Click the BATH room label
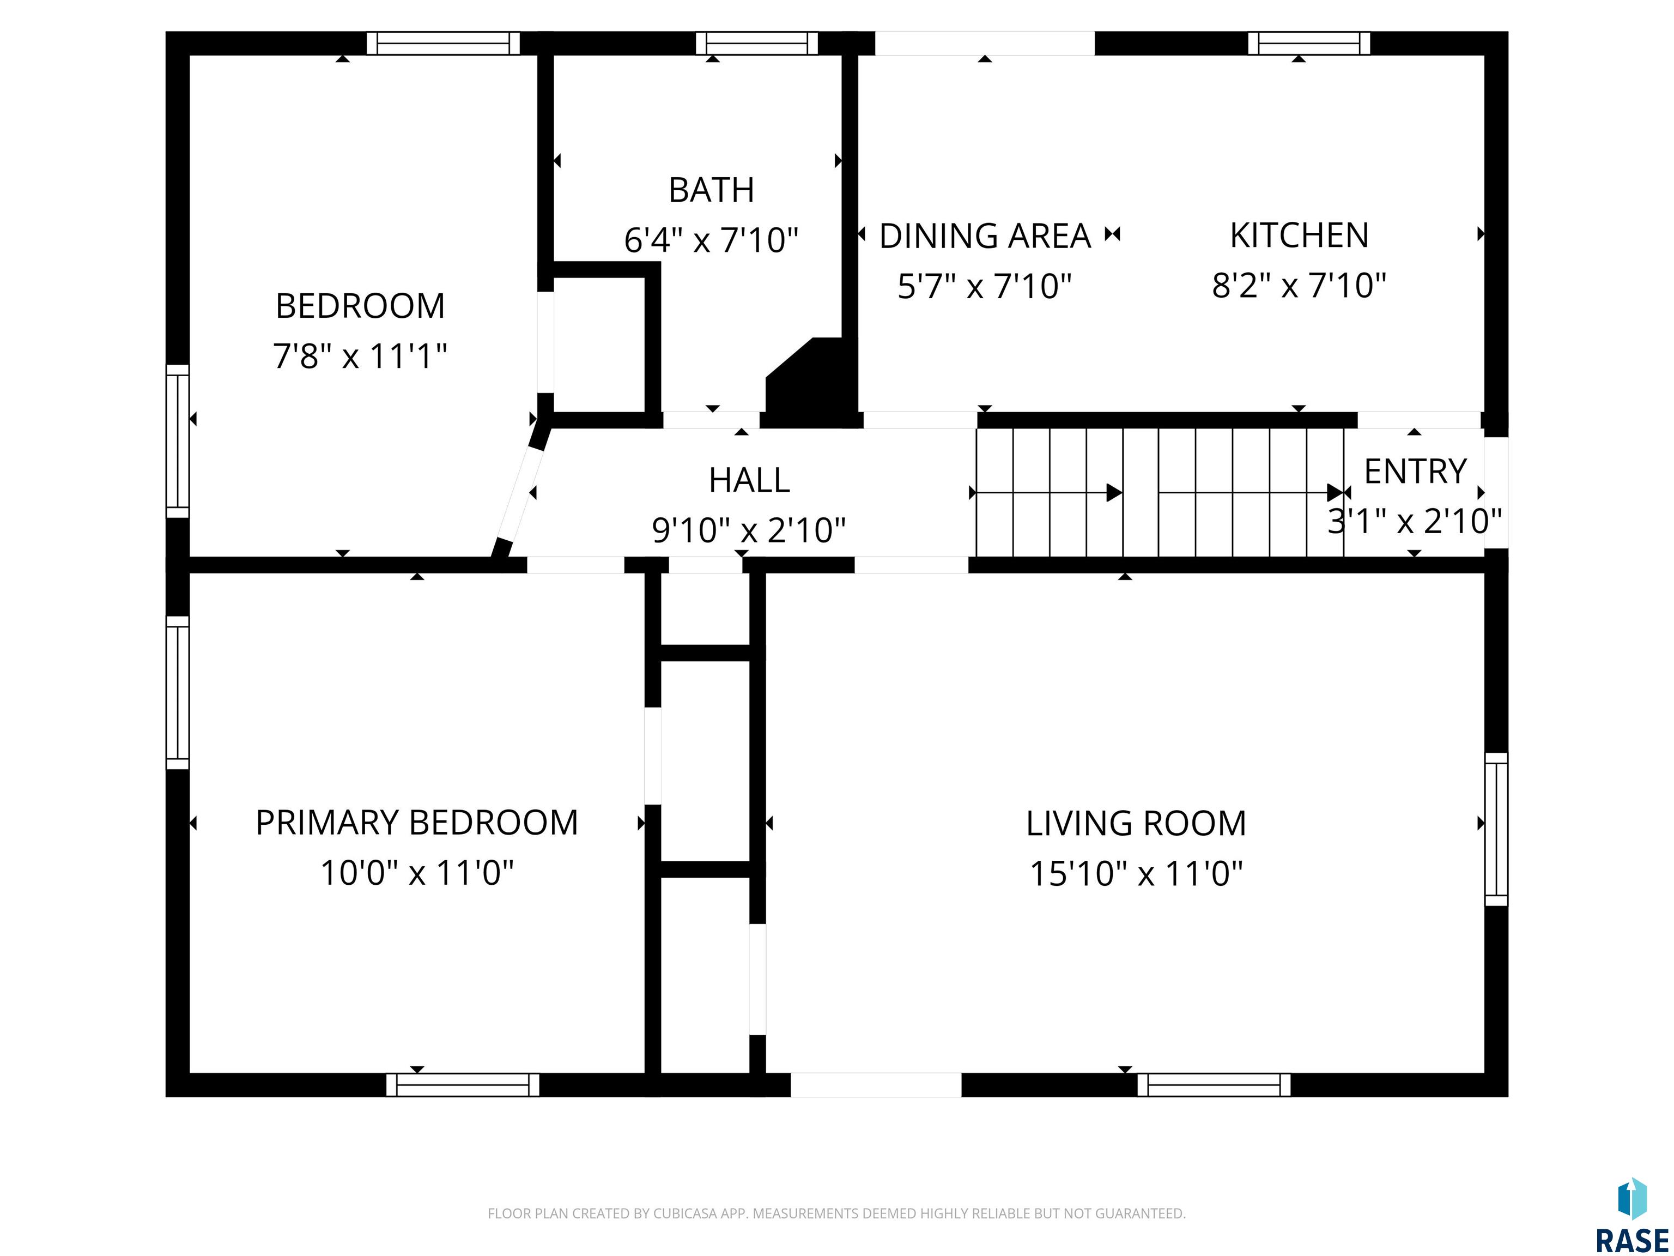click(x=711, y=190)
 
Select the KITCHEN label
click(x=1300, y=235)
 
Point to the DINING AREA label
click(x=985, y=236)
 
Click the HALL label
click(x=749, y=480)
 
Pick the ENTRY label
click(x=1415, y=472)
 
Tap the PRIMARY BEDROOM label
click(x=417, y=823)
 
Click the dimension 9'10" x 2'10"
click(x=749, y=530)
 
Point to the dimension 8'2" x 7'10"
click(x=1300, y=286)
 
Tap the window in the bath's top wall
click(x=757, y=43)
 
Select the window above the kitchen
click(x=1309, y=43)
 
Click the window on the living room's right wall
click(x=1496, y=829)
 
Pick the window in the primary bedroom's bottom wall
click(x=463, y=1084)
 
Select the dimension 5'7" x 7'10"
click(x=985, y=287)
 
